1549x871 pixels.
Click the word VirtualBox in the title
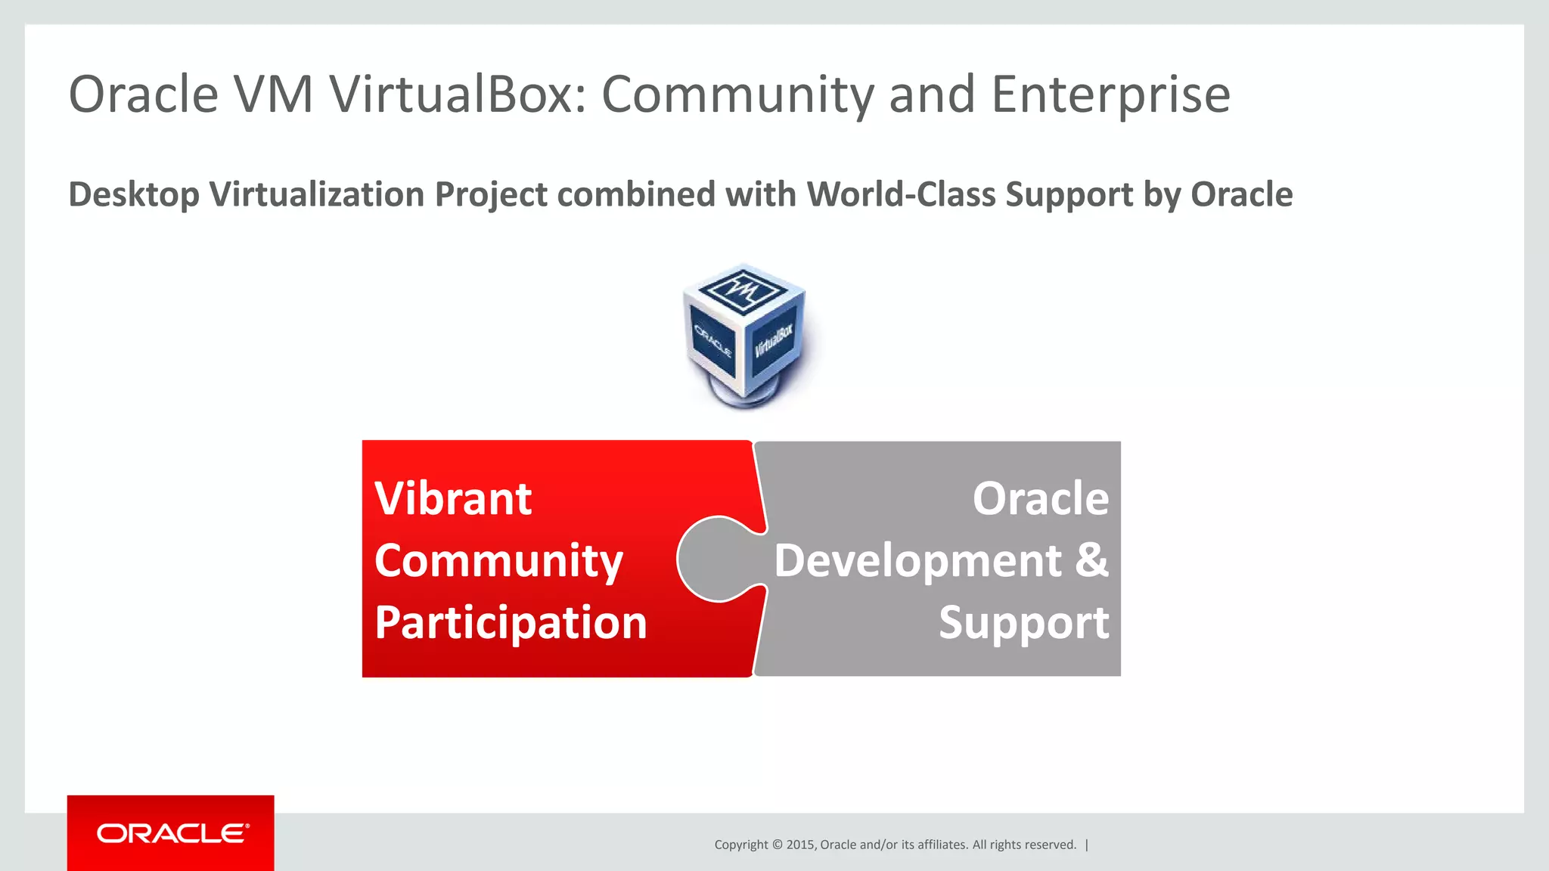tap(457, 95)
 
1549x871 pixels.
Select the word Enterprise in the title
tap(1110, 95)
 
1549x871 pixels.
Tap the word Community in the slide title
tap(737, 95)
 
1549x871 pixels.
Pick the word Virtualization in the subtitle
tap(318, 194)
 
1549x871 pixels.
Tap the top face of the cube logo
tap(744, 289)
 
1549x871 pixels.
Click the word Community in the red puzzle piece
tap(498, 561)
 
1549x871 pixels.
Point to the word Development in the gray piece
tap(917, 561)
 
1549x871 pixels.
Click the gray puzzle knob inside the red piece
tap(715, 559)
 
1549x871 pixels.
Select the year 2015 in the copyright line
tap(799, 845)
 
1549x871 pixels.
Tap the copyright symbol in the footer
tap(777, 845)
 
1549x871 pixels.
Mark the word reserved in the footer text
tap(1052, 845)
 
